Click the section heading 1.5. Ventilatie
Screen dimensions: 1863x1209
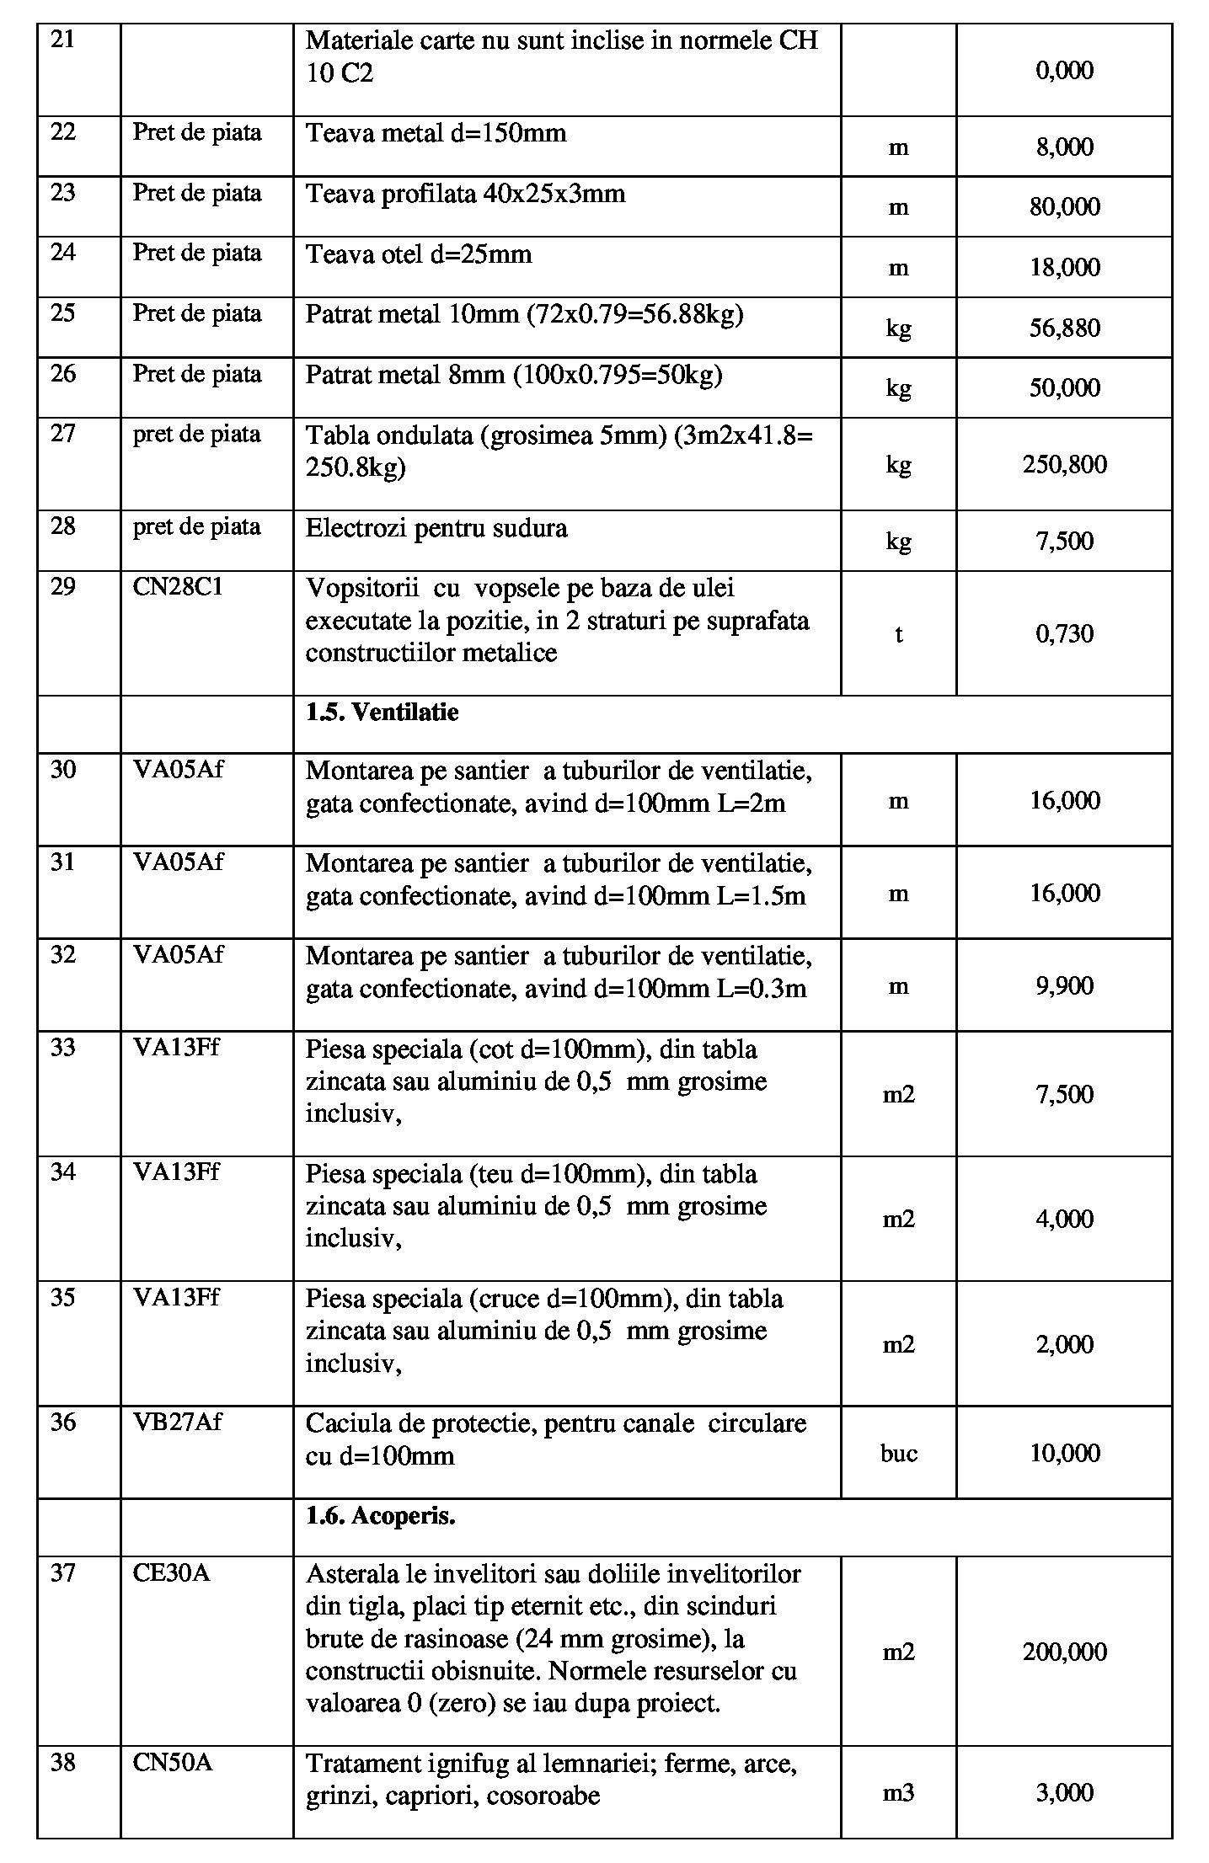(382, 713)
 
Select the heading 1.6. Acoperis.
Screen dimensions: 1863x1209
(380, 1516)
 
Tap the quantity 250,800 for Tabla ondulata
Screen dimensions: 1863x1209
(1064, 464)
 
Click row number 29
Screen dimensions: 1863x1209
(63, 587)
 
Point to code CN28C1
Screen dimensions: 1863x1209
(178, 587)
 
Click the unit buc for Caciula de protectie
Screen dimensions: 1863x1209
(898, 1454)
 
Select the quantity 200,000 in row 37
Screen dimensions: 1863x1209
(1064, 1652)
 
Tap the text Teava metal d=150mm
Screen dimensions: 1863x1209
(436, 133)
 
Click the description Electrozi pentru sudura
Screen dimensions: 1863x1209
(436, 528)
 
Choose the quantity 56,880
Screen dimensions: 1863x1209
(1064, 328)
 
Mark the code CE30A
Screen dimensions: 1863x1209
(171, 1572)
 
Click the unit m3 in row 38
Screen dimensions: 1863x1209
(898, 1793)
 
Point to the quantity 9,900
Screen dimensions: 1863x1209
(1064, 985)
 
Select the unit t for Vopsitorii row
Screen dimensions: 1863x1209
(898, 634)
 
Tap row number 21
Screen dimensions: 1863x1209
(63, 40)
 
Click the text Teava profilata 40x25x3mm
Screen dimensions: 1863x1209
(465, 194)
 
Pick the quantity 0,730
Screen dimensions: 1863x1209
(1064, 633)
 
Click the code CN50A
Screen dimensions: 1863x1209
(172, 1762)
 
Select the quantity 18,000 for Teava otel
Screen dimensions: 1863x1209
(1064, 267)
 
